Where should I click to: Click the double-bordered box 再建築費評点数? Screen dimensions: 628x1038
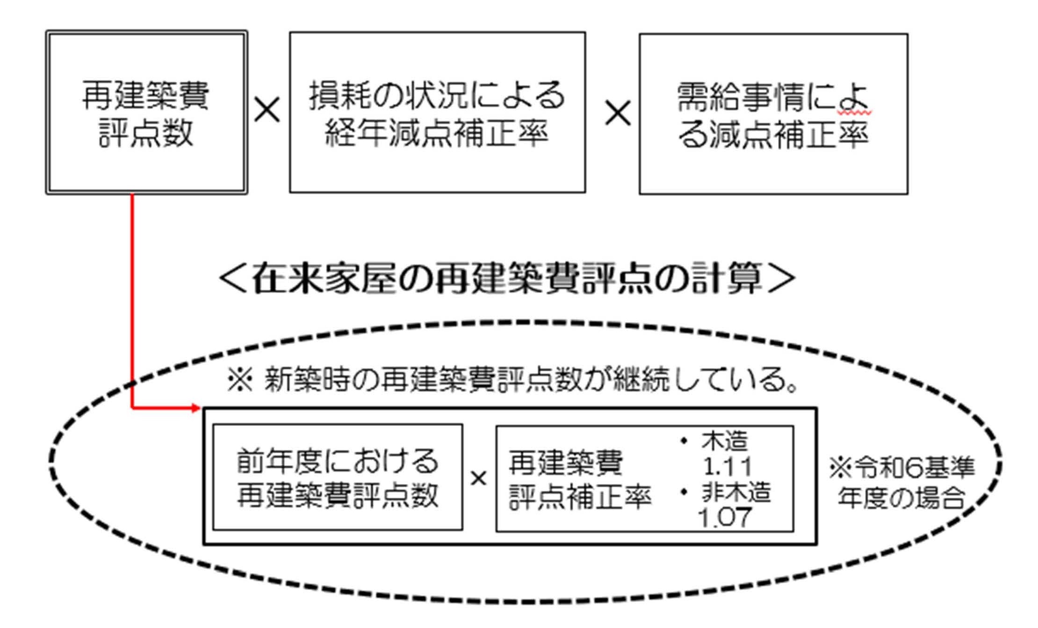146,112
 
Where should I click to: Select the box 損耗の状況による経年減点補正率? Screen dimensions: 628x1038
437,112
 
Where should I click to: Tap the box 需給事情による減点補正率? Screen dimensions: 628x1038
773,114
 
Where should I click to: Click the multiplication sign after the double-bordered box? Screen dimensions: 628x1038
267,110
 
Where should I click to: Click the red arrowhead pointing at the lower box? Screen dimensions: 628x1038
196,408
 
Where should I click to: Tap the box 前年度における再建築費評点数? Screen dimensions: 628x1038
338,477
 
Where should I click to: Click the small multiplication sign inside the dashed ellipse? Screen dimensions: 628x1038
478,478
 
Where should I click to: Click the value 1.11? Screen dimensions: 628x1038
727,466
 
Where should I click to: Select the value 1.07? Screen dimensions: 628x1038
724,518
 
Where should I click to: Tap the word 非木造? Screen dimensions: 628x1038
736,493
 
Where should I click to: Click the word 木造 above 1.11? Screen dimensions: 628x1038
725,441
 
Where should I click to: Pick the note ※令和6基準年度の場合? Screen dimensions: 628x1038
901,482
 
